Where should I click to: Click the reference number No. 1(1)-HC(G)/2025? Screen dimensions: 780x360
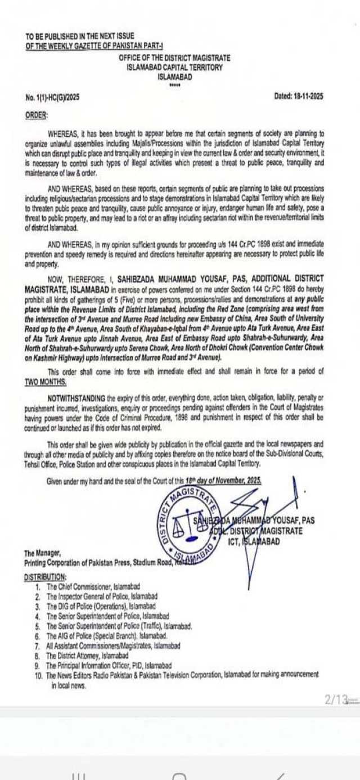click(52, 97)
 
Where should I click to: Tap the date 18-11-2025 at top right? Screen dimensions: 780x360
click(299, 96)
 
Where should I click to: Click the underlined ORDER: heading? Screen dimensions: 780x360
click(37, 115)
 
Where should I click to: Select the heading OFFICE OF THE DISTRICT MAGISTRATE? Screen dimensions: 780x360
click(174, 59)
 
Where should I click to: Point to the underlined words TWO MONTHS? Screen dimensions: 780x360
click(46, 381)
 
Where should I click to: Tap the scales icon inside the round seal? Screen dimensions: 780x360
click(182, 525)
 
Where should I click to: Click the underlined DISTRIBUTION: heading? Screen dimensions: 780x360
click(45, 577)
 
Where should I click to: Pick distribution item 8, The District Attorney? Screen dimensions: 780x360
click(87, 656)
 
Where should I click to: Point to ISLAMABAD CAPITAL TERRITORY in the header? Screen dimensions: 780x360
click(174, 68)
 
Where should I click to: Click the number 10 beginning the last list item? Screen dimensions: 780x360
click(38, 675)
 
